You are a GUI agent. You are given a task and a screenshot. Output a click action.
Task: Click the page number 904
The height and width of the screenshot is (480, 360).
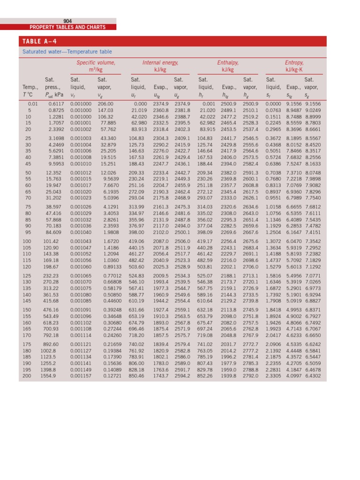67,21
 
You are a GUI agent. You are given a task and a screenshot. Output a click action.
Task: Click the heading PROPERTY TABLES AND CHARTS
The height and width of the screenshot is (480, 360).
67,27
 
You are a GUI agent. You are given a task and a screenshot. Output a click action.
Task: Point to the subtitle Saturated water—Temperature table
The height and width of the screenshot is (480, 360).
67,52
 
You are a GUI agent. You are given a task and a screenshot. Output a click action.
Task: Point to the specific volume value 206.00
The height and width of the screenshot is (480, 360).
106,104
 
